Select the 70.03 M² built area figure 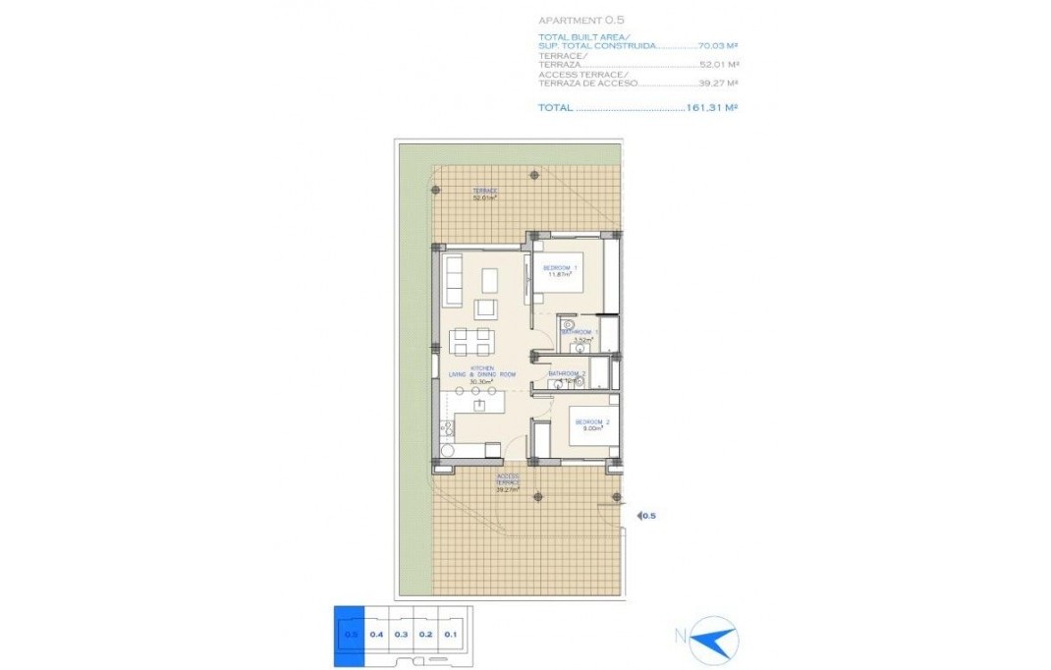(714, 45)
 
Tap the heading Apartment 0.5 (581, 20)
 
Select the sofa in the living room (455, 280)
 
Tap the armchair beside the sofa (485, 308)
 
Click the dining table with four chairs (471, 342)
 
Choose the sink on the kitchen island (479, 403)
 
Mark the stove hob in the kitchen (447, 427)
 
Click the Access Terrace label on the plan (508, 482)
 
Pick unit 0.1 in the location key (451, 634)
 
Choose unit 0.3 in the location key (401, 634)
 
